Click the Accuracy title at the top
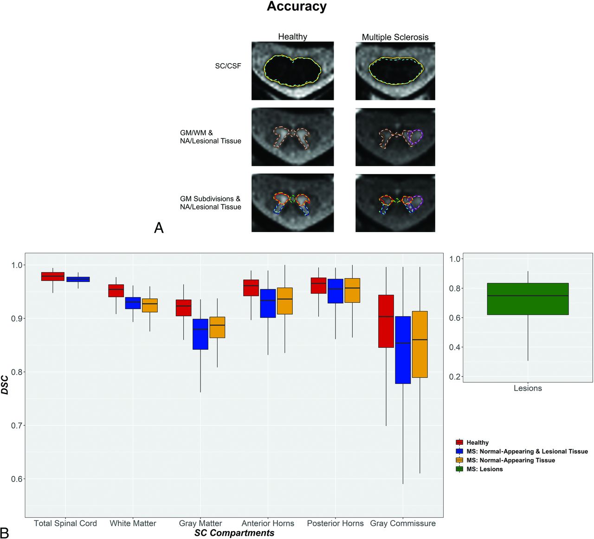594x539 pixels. pyautogui.click(x=297, y=6)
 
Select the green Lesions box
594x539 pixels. pyautogui.click(x=528, y=299)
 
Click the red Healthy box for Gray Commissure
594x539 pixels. pyautogui.click(x=386, y=321)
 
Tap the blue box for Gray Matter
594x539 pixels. pyautogui.click(x=200, y=334)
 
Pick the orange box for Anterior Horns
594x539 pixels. pyautogui.click(x=285, y=301)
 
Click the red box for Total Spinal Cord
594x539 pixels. pyautogui.click(x=53, y=276)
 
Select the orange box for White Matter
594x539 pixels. pyautogui.click(x=150, y=305)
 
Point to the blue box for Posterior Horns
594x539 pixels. pyautogui.click(x=336, y=291)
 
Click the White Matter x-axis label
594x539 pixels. pyautogui.click(x=133, y=523)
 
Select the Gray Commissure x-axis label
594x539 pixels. pyautogui.click(x=403, y=523)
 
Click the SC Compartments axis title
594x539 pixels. pyautogui.click(x=234, y=533)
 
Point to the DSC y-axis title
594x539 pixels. pyautogui.click(x=5, y=384)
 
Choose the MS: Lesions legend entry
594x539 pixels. pyautogui.click(x=479, y=469)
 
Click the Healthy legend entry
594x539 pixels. pyautogui.click(x=472, y=442)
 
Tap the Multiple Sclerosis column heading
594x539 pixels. pyautogui.click(x=395, y=37)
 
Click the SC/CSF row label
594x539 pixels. pyautogui.click(x=228, y=66)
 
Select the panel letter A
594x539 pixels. pyautogui.click(x=159, y=228)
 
